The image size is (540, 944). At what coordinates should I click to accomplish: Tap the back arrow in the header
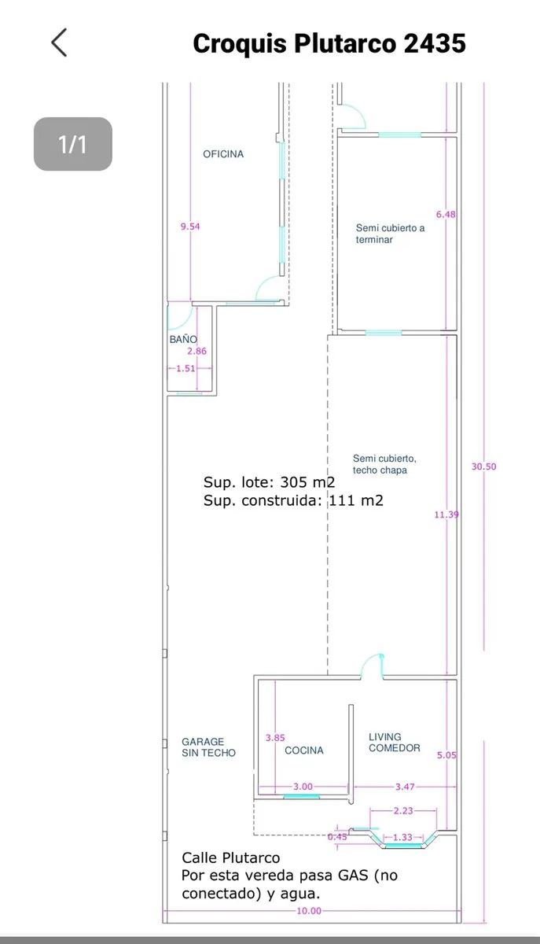point(59,42)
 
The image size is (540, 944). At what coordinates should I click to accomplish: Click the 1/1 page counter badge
point(73,144)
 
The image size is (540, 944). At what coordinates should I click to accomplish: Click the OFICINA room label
point(223,154)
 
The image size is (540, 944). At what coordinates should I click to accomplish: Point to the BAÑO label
point(183,339)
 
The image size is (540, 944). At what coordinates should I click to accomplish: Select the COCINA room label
point(304,750)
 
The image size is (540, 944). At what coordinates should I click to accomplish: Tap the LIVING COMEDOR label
point(395,742)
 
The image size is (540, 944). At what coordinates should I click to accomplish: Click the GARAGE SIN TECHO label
point(208,747)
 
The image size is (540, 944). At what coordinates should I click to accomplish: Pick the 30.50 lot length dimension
point(483,466)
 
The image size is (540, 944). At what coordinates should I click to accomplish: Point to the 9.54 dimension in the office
point(190,227)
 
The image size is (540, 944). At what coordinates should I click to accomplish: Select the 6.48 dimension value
point(446,215)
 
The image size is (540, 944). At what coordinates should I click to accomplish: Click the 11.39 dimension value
point(446,514)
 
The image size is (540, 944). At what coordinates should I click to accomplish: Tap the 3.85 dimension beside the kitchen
point(275,738)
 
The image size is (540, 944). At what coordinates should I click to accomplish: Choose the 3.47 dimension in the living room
point(405,787)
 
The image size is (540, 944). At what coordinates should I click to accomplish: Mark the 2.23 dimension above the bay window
point(403,811)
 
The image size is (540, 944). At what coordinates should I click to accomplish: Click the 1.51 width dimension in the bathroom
point(186,368)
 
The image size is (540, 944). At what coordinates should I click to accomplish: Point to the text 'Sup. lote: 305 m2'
point(269,482)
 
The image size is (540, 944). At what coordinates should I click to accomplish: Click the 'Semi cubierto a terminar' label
point(390,234)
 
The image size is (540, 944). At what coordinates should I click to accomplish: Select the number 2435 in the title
point(435,43)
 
